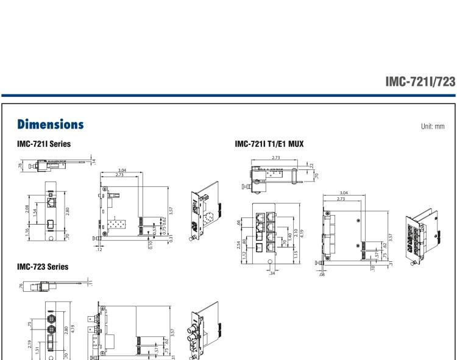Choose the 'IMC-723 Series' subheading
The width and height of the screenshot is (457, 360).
43,266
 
